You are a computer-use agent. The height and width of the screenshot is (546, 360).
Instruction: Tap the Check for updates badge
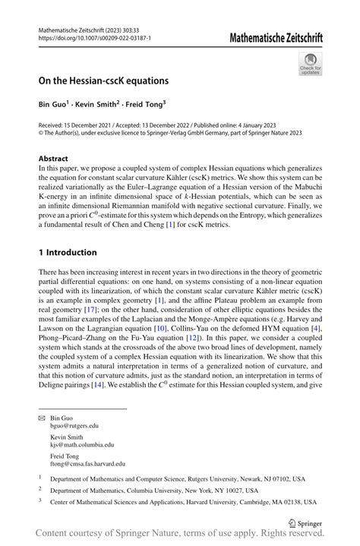tap(311, 65)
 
